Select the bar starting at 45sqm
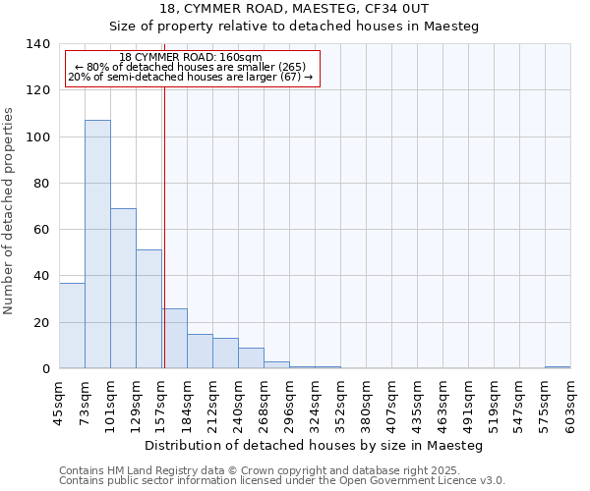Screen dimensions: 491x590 coord(72,325)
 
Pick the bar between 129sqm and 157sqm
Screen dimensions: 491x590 coord(148,308)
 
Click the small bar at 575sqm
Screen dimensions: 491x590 coord(558,367)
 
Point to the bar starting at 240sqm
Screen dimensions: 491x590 coord(251,357)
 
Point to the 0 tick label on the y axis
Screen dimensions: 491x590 coord(45,369)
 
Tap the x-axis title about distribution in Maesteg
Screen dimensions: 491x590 coord(313,445)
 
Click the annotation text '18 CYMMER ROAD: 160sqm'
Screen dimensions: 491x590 coord(190,58)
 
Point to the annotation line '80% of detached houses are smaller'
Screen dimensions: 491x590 coord(191,67)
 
